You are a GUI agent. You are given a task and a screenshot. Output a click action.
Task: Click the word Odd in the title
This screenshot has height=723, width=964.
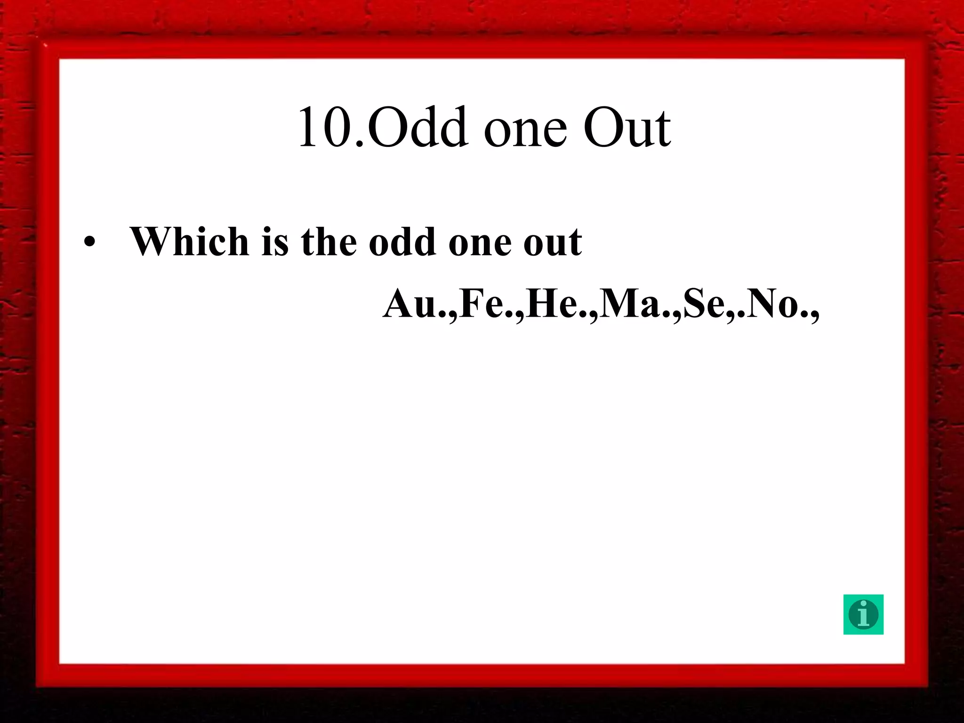click(x=417, y=127)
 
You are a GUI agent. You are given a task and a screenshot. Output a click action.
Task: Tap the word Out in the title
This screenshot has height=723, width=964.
click(x=627, y=127)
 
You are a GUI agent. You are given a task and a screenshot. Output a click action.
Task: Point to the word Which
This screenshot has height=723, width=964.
click(x=189, y=241)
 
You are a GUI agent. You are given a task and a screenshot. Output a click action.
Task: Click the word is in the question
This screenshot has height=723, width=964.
click(x=274, y=241)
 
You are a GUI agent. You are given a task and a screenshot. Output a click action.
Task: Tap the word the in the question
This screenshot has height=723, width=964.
click(x=329, y=241)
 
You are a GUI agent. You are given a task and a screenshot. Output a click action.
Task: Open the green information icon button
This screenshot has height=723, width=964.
click(x=863, y=614)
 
